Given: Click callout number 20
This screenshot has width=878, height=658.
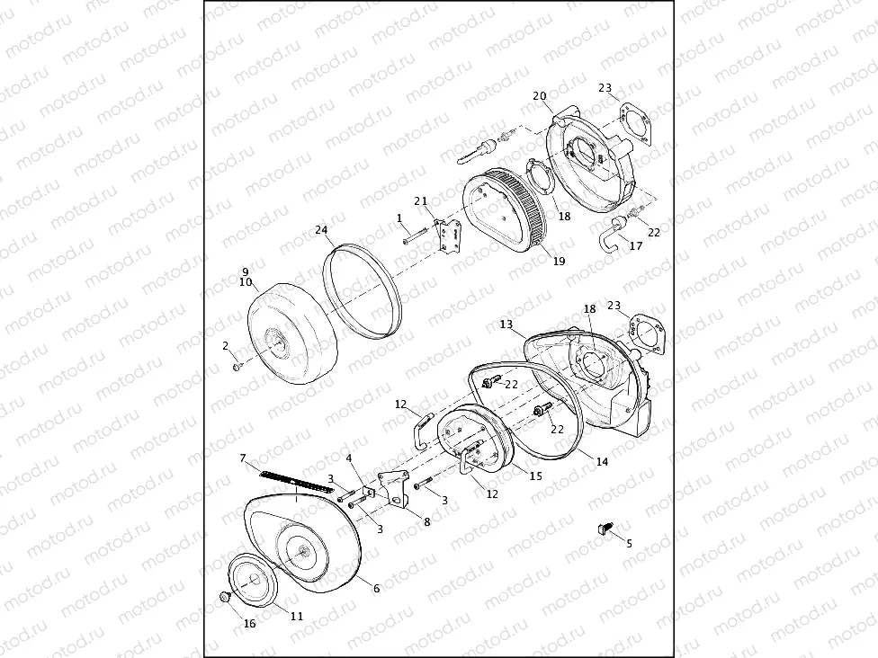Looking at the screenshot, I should [x=540, y=96].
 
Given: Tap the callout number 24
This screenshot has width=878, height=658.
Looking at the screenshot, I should [x=321, y=230].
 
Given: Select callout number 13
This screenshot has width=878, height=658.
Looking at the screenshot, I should [x=506, y=324].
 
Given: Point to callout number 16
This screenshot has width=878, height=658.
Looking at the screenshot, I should [x=250, y=623].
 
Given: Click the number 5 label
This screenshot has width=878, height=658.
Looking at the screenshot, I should [x=629, y=543].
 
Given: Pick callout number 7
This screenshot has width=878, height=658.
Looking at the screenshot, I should [x=242, y=458].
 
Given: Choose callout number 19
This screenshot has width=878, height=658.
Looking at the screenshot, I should [x=559, y=262].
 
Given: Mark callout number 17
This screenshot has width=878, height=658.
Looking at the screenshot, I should [x=635, y=245].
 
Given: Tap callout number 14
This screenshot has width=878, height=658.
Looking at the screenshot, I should [x=602, y=461].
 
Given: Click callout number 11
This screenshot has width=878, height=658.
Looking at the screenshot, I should [x=297, y=616].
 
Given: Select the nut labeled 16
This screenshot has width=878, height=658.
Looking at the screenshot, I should [x=225, y=596].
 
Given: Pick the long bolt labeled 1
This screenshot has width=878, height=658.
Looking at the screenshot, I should [x=414, y=237].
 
